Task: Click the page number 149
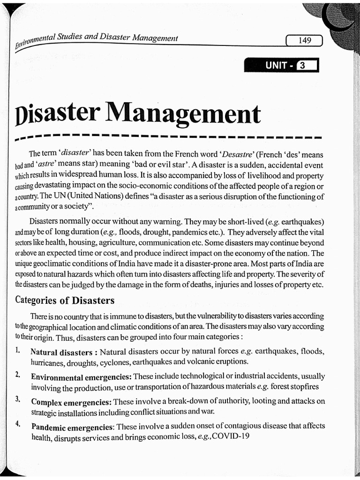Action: (304, 41)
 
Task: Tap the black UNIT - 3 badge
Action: (281, 66)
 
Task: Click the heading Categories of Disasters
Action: (65, 300)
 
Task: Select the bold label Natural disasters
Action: (61, 352)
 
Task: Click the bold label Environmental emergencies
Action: (81, 377)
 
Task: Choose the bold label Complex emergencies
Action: (71, 402)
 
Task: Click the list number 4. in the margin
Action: (17, 424)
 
